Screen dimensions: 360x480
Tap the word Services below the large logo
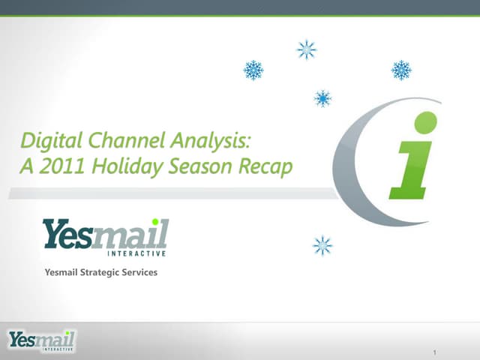click(139, 272)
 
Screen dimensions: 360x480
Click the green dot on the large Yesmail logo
click(155, 222)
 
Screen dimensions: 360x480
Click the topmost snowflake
click(306, 49)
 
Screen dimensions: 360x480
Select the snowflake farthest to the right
click(401, 70)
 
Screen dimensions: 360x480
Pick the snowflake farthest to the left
click(253, 70)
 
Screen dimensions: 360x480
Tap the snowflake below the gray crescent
click(322, 245)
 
